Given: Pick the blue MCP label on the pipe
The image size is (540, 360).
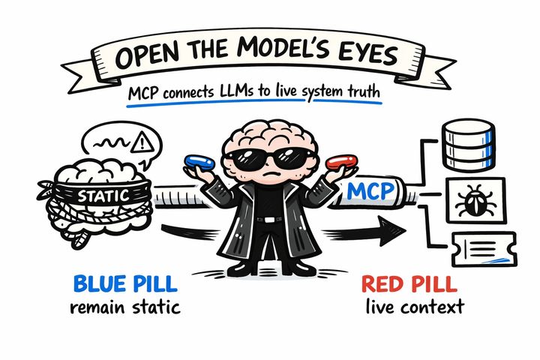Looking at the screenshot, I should (x=370, y=193).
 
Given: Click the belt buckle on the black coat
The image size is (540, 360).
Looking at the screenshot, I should (x=268, y=220).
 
